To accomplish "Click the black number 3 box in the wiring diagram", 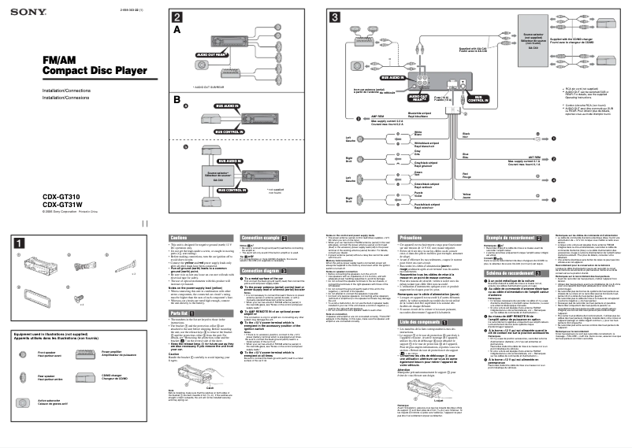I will [335, 17].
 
